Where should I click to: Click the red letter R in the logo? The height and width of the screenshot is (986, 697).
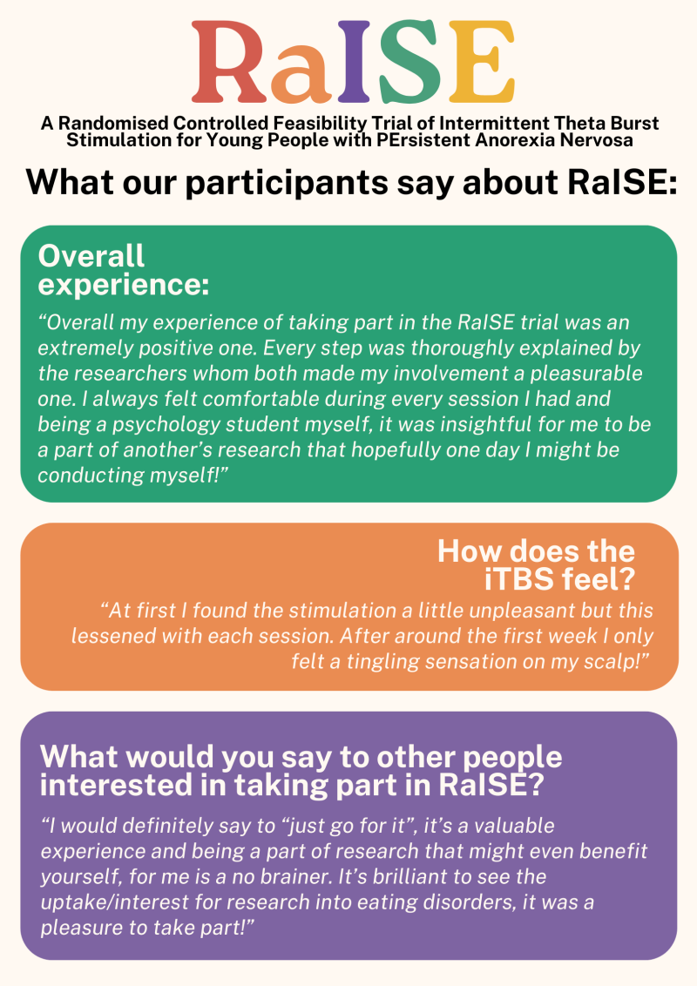[230, 61]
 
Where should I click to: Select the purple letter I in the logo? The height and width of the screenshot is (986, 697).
[354, 61]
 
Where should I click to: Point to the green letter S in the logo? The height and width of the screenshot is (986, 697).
[408, 61]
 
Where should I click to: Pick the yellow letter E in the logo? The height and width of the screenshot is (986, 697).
[481, 61]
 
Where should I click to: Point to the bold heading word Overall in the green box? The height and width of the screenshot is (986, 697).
[91, 256]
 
